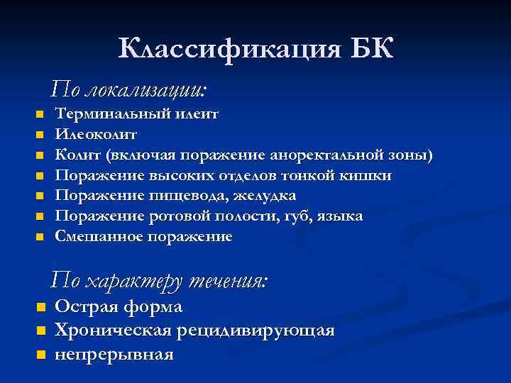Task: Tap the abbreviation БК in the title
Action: [371, 49]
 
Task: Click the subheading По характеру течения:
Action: [159, 281]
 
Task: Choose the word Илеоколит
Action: [96, 134]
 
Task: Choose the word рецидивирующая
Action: [258, 331]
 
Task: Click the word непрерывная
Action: [114, 354]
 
